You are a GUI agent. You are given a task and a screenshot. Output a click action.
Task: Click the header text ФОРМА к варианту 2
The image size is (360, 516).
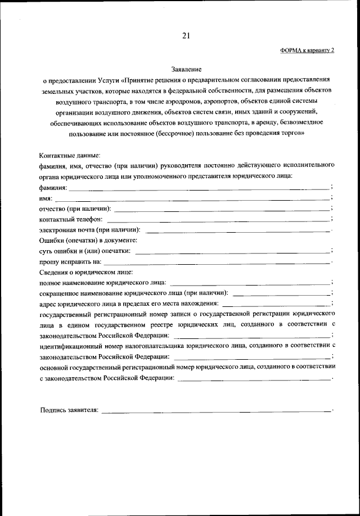[x=307, y=51]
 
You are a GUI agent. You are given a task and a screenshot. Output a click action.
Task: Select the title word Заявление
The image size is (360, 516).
[x=186, y=69]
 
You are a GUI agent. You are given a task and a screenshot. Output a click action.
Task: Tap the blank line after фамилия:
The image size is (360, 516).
[x=199, y=189]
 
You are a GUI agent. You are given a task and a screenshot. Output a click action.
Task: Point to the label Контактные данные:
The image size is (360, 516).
[x=70, y=155]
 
